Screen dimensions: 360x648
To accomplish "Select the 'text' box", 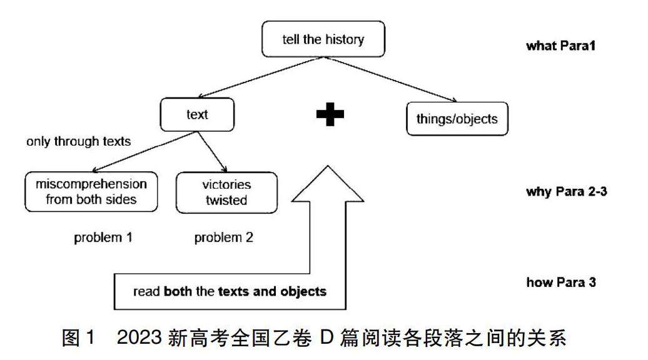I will [197, 115].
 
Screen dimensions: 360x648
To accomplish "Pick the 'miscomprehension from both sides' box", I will [91, 192].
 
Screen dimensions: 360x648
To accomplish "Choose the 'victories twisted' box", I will [226, 192].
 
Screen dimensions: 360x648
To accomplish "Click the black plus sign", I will [330, 115].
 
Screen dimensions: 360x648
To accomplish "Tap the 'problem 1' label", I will [104, 237].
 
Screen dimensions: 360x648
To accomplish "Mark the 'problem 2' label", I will [223, 237].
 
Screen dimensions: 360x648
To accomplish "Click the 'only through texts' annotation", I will [79, 141].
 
